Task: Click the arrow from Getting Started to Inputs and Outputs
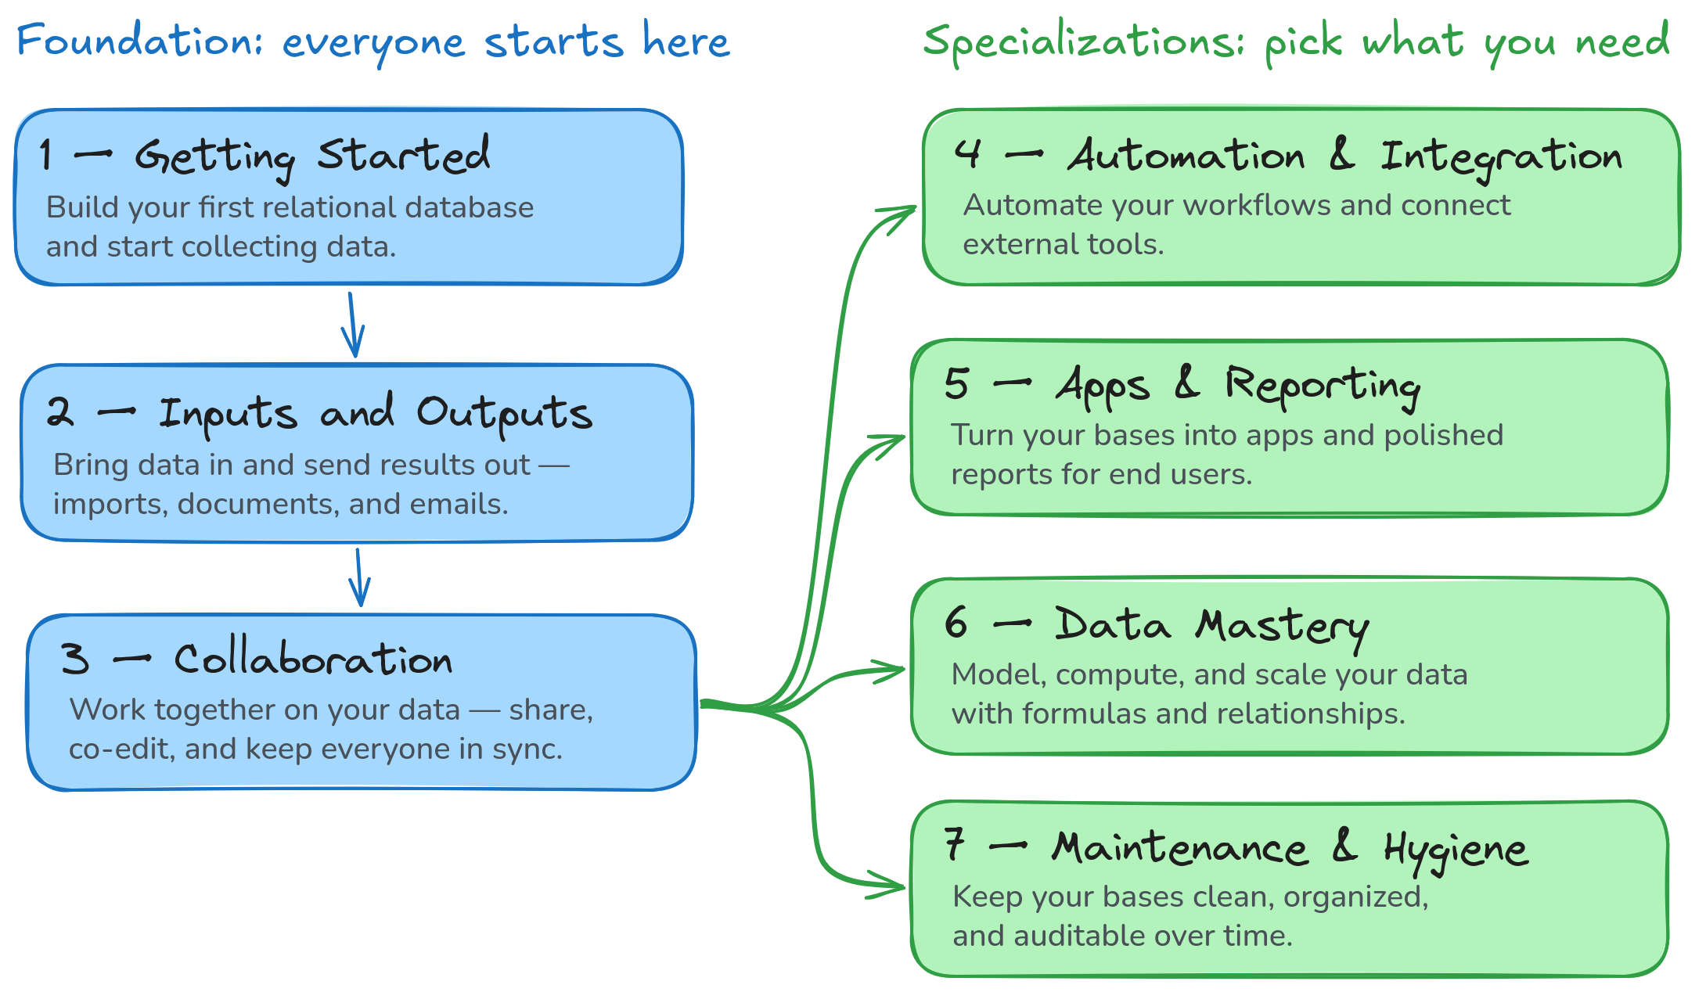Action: (x=353, y=325)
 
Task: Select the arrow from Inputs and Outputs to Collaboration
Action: (x=359, y=577)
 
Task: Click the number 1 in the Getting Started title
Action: (x=46, y=154)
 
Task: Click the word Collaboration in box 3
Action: (x=313, y=659)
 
